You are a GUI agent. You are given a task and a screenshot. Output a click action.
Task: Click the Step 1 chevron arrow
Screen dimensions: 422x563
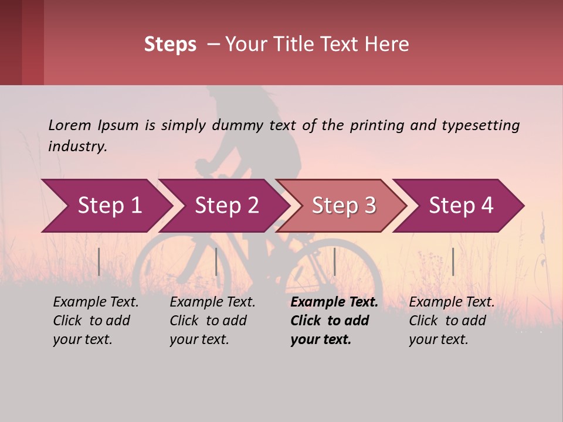(108, 206)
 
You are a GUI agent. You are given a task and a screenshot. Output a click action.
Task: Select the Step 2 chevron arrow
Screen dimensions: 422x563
(226, 206)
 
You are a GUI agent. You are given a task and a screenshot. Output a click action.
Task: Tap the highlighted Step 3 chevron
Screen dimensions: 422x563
(343, 206)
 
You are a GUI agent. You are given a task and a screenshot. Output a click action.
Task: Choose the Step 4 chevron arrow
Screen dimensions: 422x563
(460, 206)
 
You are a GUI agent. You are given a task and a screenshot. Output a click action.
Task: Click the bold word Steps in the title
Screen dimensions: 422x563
(170, 45)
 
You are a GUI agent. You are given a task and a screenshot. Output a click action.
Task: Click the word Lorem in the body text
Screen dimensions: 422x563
(70, 125)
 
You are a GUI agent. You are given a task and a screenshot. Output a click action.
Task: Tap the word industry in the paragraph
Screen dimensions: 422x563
(77, 146)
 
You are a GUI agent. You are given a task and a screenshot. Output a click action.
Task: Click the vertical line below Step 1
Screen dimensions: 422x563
(99, 261)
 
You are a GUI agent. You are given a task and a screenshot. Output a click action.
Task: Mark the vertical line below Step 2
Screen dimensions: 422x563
(216, 261)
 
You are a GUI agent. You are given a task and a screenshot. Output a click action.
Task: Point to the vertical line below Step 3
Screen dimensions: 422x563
(334, 261)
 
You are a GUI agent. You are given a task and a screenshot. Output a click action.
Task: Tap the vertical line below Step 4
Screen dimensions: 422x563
(453, 261)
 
